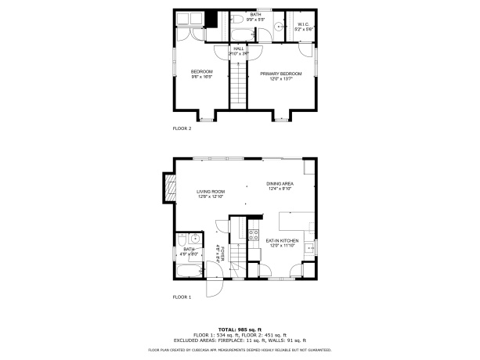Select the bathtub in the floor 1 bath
[x=189, y=272]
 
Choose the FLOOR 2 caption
[x=182, y=128]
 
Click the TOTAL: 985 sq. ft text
[x=240, y=329]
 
